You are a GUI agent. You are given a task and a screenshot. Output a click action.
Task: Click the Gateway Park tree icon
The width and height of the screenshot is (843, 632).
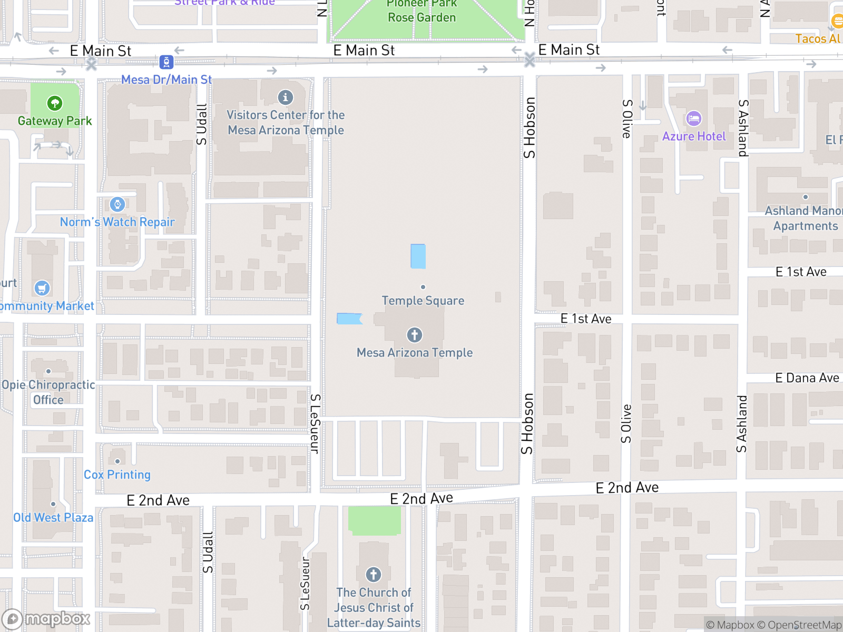click(x=55, y=103)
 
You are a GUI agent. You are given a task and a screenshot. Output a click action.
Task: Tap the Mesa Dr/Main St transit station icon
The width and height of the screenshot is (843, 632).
click(x=166, y=62)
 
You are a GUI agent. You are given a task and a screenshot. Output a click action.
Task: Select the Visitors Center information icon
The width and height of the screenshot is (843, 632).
click(x=286, y=97)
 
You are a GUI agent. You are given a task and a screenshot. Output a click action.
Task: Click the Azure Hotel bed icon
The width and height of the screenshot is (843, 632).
click(x=694, y=118)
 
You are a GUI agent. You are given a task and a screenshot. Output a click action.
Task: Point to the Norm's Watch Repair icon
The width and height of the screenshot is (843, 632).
click(x=117, y=204)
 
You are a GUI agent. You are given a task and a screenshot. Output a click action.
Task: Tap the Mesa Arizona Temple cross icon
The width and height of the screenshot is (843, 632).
click(x=415, y=335)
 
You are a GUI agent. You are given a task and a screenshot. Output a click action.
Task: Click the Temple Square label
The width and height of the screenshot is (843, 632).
click(x=423, y=301)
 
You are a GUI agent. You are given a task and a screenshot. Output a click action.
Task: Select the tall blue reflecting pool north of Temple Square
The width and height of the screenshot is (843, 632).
click(x=418, y=256)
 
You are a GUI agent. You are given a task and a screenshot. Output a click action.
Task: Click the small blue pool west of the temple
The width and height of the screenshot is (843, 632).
click(x=349, y=319)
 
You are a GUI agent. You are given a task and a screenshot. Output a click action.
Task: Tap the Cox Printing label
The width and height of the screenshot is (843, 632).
click(x=117, y=475)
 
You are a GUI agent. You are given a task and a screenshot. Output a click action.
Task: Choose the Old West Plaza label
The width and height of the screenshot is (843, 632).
click(x=53, y=518)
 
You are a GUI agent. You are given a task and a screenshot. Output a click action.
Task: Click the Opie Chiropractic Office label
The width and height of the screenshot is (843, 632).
click(x=48, y=392)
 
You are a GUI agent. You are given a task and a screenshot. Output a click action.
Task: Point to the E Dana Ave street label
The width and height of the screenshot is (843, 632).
click(x=807, y=378)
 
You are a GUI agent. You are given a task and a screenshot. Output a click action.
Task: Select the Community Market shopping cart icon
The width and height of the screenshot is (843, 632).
click(x=42, y=288)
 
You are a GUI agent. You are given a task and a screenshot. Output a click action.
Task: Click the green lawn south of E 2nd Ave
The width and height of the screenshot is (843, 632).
click(x=374, y=520)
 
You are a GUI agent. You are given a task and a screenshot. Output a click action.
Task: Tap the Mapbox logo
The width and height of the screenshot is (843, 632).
click(x=46, y=619)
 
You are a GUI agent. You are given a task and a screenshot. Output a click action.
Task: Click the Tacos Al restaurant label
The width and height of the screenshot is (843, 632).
click(x=818, y=38)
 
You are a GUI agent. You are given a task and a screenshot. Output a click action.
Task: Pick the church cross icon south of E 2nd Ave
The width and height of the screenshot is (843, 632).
click(x=374, y=575)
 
